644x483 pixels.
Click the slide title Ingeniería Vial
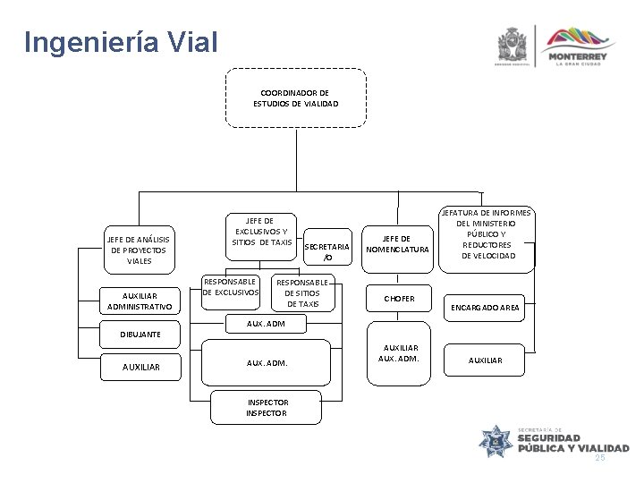122,42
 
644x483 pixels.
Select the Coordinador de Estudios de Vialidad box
295,97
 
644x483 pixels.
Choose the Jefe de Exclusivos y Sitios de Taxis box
261,231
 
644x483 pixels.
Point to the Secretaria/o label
327,251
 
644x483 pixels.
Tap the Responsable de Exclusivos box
231,286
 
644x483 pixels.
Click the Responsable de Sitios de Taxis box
301,292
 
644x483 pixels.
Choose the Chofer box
399,298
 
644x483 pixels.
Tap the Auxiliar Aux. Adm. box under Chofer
400,352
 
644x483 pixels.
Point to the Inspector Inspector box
266,408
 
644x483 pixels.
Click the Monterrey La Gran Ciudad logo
581,46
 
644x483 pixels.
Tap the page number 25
600,458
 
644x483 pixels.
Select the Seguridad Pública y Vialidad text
572,441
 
